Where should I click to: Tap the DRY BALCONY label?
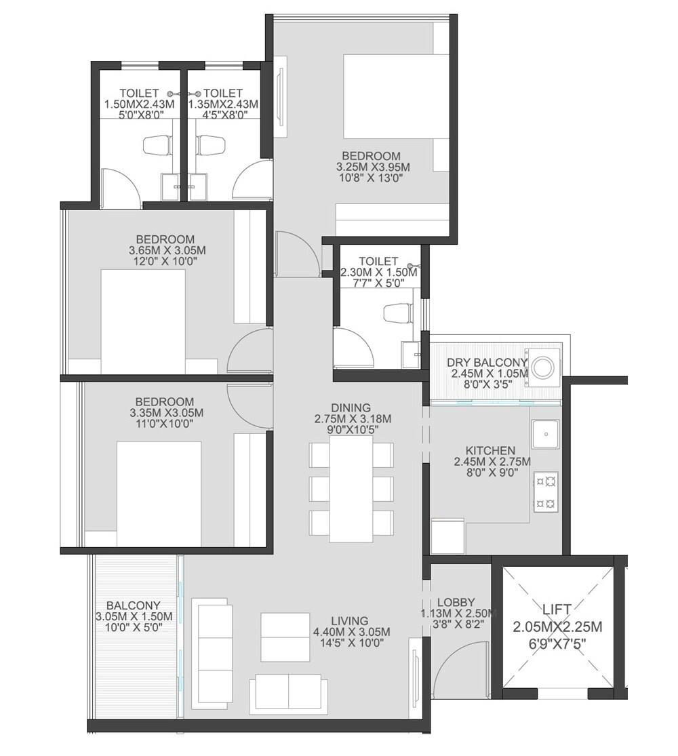[487, 362]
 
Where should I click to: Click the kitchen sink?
[545, 434]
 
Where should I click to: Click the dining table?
[351, 488]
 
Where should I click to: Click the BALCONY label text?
[134, 605]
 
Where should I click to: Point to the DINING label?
[351, 407]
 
